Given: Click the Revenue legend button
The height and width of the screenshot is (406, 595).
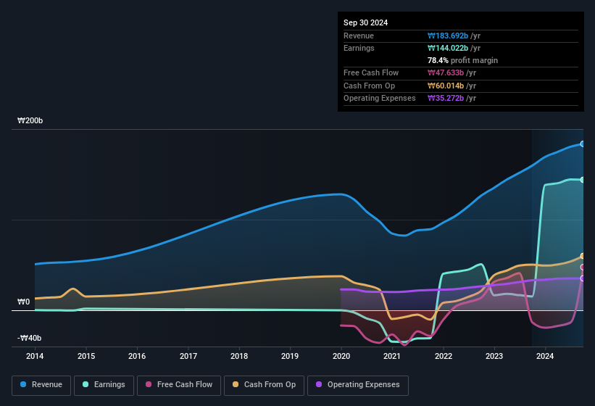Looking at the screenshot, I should (x=42, y=385).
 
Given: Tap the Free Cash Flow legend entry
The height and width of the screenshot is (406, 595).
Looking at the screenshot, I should (x=179, y=385).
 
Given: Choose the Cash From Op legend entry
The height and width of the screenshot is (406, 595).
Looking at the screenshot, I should (x=264, y=385).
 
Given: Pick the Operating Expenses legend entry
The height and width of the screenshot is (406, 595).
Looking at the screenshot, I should (x=358, y=385).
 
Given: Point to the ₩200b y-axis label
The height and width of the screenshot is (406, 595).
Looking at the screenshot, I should (x=30, y=121).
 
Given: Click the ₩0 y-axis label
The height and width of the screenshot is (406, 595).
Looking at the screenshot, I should (x=24, y=302).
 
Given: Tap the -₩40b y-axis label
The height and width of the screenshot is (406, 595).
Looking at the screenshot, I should (x=30, y=338).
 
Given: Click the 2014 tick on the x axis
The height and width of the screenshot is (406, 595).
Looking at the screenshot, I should (x=35, y=356).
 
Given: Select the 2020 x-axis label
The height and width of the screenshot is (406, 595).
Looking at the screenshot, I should (x=341, y=356).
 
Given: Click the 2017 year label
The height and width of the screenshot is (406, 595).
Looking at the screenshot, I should (x=188, y=356).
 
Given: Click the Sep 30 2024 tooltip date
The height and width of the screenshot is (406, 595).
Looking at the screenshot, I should (x=365, y=22).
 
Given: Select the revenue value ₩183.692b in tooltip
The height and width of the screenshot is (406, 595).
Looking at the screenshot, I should (x=453, y=36).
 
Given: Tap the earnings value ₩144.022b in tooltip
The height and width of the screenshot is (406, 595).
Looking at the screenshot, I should (x=453, y=48).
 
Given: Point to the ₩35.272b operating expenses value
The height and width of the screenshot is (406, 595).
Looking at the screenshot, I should (x=450, y=98).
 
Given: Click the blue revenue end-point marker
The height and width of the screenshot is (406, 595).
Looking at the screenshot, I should (x=582, y=144).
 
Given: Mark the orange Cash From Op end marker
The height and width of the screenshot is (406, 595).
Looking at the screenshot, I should (x=582, y=256).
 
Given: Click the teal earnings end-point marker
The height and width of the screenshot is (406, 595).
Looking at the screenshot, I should (x=582, y=180).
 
